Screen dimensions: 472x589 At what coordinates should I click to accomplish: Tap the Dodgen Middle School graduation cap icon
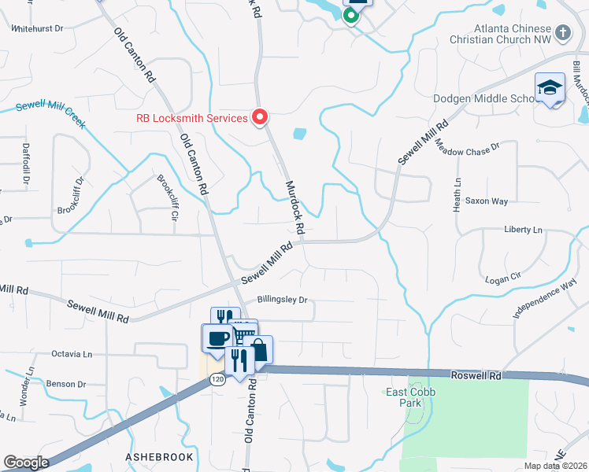coord(550,88)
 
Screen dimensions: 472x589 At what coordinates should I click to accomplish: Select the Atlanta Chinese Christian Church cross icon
coord(562,32)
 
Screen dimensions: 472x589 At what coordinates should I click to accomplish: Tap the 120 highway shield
coord(217,380)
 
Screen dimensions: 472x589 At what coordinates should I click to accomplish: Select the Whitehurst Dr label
coord(38,28)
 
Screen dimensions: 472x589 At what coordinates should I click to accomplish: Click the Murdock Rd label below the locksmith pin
coord(294,206)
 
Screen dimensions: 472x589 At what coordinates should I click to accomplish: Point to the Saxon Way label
coord(486,201)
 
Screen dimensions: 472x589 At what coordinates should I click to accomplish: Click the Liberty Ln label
coord(524,230)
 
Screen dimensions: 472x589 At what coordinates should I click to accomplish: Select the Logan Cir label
coord(504,278)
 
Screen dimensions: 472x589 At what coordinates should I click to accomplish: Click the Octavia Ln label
coord(72,354)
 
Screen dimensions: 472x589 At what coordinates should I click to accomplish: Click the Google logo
coord(26,463)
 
